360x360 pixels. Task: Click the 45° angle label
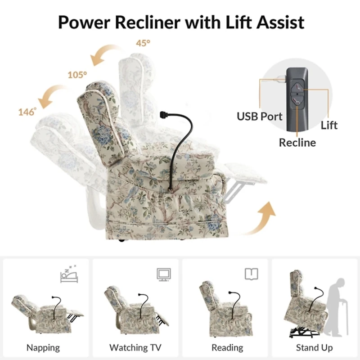pyautogui.click(x=143, y=43)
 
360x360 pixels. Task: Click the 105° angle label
pyautogui.click(x=77, y=75)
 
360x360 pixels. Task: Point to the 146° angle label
pyautogui.click(x=27, y=112)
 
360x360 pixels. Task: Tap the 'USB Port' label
pyautogui.click(x=260, y=117)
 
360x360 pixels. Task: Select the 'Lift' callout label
pyautogui.click(x=329, y=126)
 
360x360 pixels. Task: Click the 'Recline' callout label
pyautogui.click(x=297, y=143)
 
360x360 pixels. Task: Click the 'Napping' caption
pyautogui.click(x=43, y=348)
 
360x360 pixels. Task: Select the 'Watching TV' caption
pyautogui.click(x=135, y=347)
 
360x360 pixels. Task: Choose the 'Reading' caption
pyautogui.click(x=227, y=348)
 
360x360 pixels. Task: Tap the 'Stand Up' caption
pyautogui.click(x=314, y=348)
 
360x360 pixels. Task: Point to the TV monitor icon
pyautogui.click(x=164, y=274)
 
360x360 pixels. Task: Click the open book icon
pyautogui.click(x=252, y=274)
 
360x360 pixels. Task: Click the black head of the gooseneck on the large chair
pyautogui.click(x=163, y=114)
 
